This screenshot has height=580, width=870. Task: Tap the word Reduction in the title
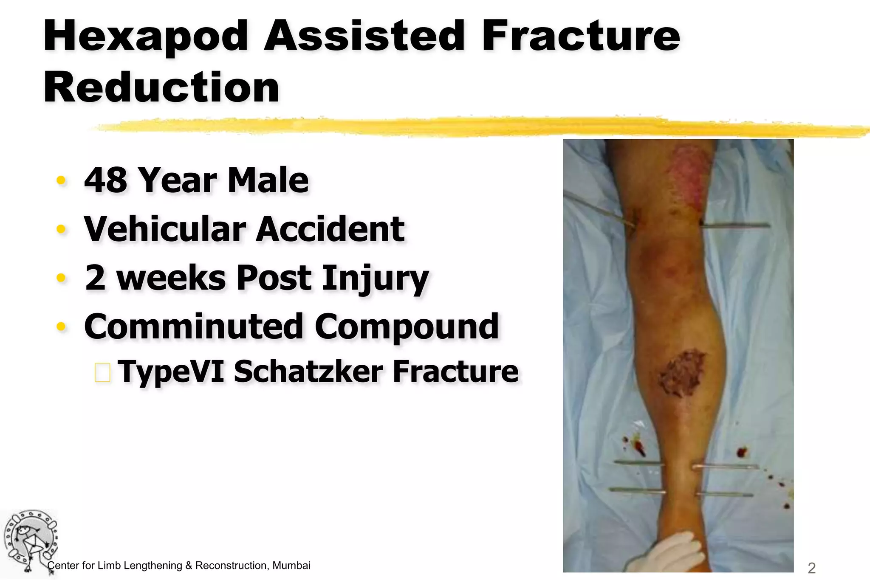point(161,88)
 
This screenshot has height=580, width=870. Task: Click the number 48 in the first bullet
point(105,180)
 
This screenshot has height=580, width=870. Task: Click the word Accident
point(330,229)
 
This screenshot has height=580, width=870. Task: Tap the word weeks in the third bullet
point(171,278)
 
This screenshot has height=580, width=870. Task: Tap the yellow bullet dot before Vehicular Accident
point(62,229)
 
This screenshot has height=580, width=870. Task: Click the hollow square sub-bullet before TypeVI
point(102,372)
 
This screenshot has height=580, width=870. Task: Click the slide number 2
point(811,568)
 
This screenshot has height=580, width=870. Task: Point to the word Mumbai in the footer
point(291,566)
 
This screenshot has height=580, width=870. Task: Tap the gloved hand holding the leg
point(667,554)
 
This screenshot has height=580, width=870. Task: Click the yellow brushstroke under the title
point(467,127)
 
